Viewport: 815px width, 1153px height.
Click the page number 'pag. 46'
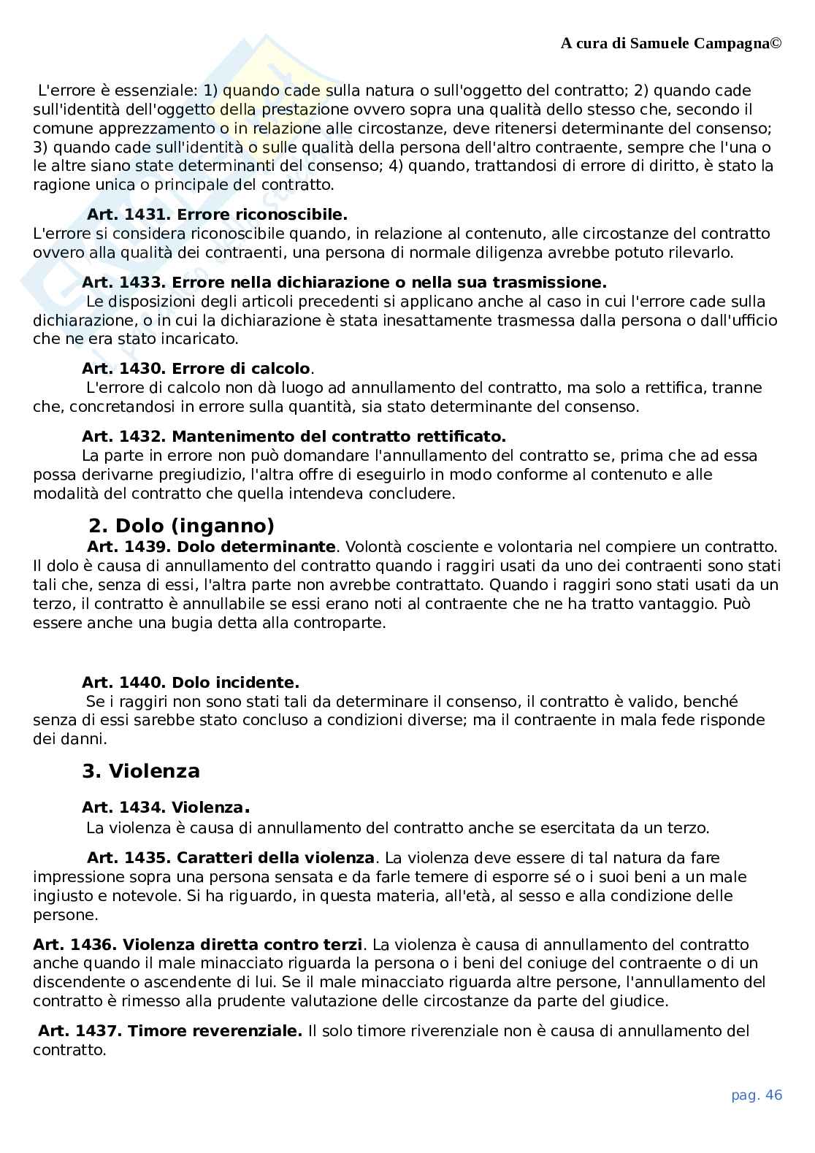[x=757, y=1095]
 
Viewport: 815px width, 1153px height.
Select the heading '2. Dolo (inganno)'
[x=181, y=525]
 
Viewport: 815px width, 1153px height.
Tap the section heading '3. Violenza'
[x=141, y=771]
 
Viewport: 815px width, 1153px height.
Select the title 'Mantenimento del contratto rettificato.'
[x=339, y=437]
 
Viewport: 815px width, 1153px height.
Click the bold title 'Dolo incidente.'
[x=235, y=683]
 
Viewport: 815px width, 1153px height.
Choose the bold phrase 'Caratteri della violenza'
[x=275, y=858]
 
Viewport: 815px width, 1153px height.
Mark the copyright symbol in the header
[x=776, y=43]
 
